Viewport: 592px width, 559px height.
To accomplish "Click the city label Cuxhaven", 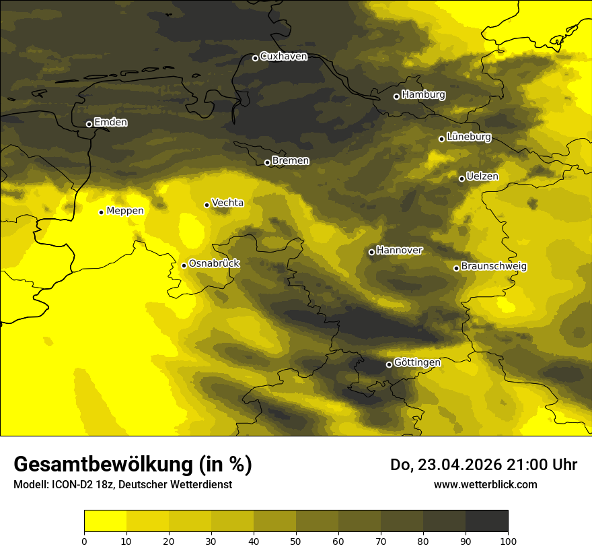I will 283,57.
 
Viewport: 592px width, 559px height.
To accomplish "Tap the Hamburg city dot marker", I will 396,96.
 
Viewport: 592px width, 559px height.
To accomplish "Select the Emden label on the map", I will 110,123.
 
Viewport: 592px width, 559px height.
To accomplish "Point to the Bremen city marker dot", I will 267,162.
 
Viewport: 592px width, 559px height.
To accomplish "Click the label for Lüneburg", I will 468,137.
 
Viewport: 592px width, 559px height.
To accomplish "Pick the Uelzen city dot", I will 461,178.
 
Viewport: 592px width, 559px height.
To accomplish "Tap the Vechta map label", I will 227,203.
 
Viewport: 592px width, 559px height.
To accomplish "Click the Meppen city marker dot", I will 101,212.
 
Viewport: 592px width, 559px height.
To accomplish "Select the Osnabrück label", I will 214,263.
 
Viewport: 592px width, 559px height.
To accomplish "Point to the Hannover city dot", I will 371,252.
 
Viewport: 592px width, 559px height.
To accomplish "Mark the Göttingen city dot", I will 389,364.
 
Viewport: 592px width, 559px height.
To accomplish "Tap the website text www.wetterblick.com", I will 486,484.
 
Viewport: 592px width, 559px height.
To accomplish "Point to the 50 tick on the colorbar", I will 296,541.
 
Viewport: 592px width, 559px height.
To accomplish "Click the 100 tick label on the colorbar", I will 508,541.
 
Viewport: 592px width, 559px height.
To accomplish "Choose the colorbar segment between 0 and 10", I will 105,521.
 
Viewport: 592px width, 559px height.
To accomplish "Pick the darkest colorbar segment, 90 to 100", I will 486,521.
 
